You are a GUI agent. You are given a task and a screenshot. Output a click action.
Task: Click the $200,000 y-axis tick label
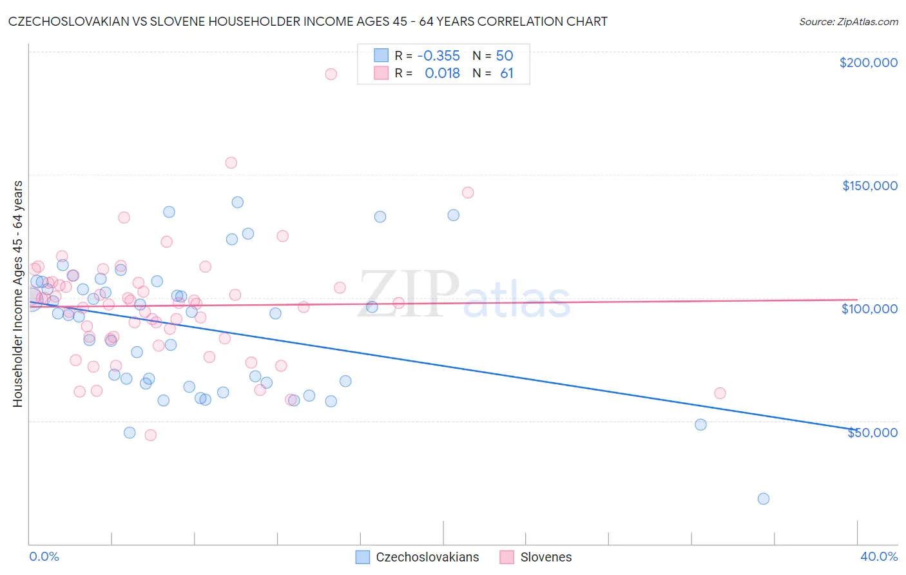point(868,63)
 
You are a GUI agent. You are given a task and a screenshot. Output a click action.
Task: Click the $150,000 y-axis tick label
point(869,186)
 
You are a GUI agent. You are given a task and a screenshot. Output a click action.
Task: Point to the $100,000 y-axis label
point(869,309)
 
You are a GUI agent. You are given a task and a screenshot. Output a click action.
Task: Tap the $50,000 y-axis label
point(872,433)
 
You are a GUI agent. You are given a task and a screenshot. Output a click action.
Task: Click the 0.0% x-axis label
point(44,556)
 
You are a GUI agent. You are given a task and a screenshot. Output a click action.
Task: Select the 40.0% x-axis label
point(878,556)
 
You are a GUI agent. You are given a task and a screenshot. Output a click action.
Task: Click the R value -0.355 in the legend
point(438,55)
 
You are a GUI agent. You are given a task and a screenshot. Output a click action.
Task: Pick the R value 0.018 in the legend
point(442,73)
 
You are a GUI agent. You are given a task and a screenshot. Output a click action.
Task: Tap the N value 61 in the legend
point(506,73)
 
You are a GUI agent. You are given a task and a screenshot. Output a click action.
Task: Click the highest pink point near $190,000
point(331,74)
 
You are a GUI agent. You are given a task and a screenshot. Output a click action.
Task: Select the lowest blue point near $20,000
point(764,498)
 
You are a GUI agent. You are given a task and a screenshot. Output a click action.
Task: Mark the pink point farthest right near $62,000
point(720,393)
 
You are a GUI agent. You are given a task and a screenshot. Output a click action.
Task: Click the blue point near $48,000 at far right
point(700,424)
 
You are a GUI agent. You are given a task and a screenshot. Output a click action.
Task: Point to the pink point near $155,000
point(231,162)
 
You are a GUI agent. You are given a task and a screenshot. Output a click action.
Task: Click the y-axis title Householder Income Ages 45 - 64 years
point(17,293)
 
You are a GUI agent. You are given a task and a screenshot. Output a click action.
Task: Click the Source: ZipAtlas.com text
point(848,22)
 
